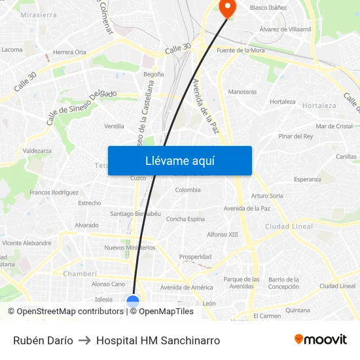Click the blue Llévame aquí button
click(x=179, y=160)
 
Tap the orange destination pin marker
click(x=227, y=8)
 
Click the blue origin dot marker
click(x=133, y=301)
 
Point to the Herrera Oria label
click(x=69, y=52)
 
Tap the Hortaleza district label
click(x=320, y=105)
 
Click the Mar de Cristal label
click(x=334, y=126)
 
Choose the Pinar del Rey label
click(x=295, y=136)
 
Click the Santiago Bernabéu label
click(x=135, y=213)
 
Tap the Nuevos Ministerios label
click(x=130, y=247)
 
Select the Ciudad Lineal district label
click(x=289, y=226)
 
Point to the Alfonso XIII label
click(x=223, y=234)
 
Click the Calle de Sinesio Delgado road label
click(x=81, y=107)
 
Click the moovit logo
click(x=321, y=339)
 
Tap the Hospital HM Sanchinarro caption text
click(x=158, y=340)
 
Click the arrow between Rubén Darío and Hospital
click(x=84, y=340)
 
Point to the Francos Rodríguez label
click(x=54, y=192)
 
